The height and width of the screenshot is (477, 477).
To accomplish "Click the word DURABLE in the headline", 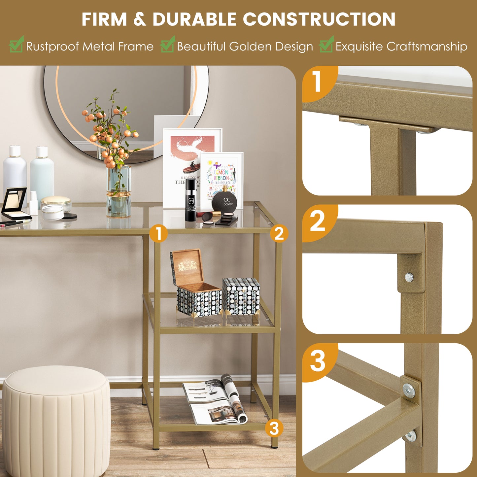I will (194, 19).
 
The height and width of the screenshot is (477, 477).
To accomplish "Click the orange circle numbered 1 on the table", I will (158, 233).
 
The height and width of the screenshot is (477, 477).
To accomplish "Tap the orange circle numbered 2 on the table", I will (279, 233).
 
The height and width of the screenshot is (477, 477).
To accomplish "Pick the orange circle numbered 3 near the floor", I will (274, 428).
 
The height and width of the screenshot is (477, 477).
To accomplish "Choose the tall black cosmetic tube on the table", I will (190, 200).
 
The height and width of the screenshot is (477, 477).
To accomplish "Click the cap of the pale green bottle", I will (42, 152).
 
